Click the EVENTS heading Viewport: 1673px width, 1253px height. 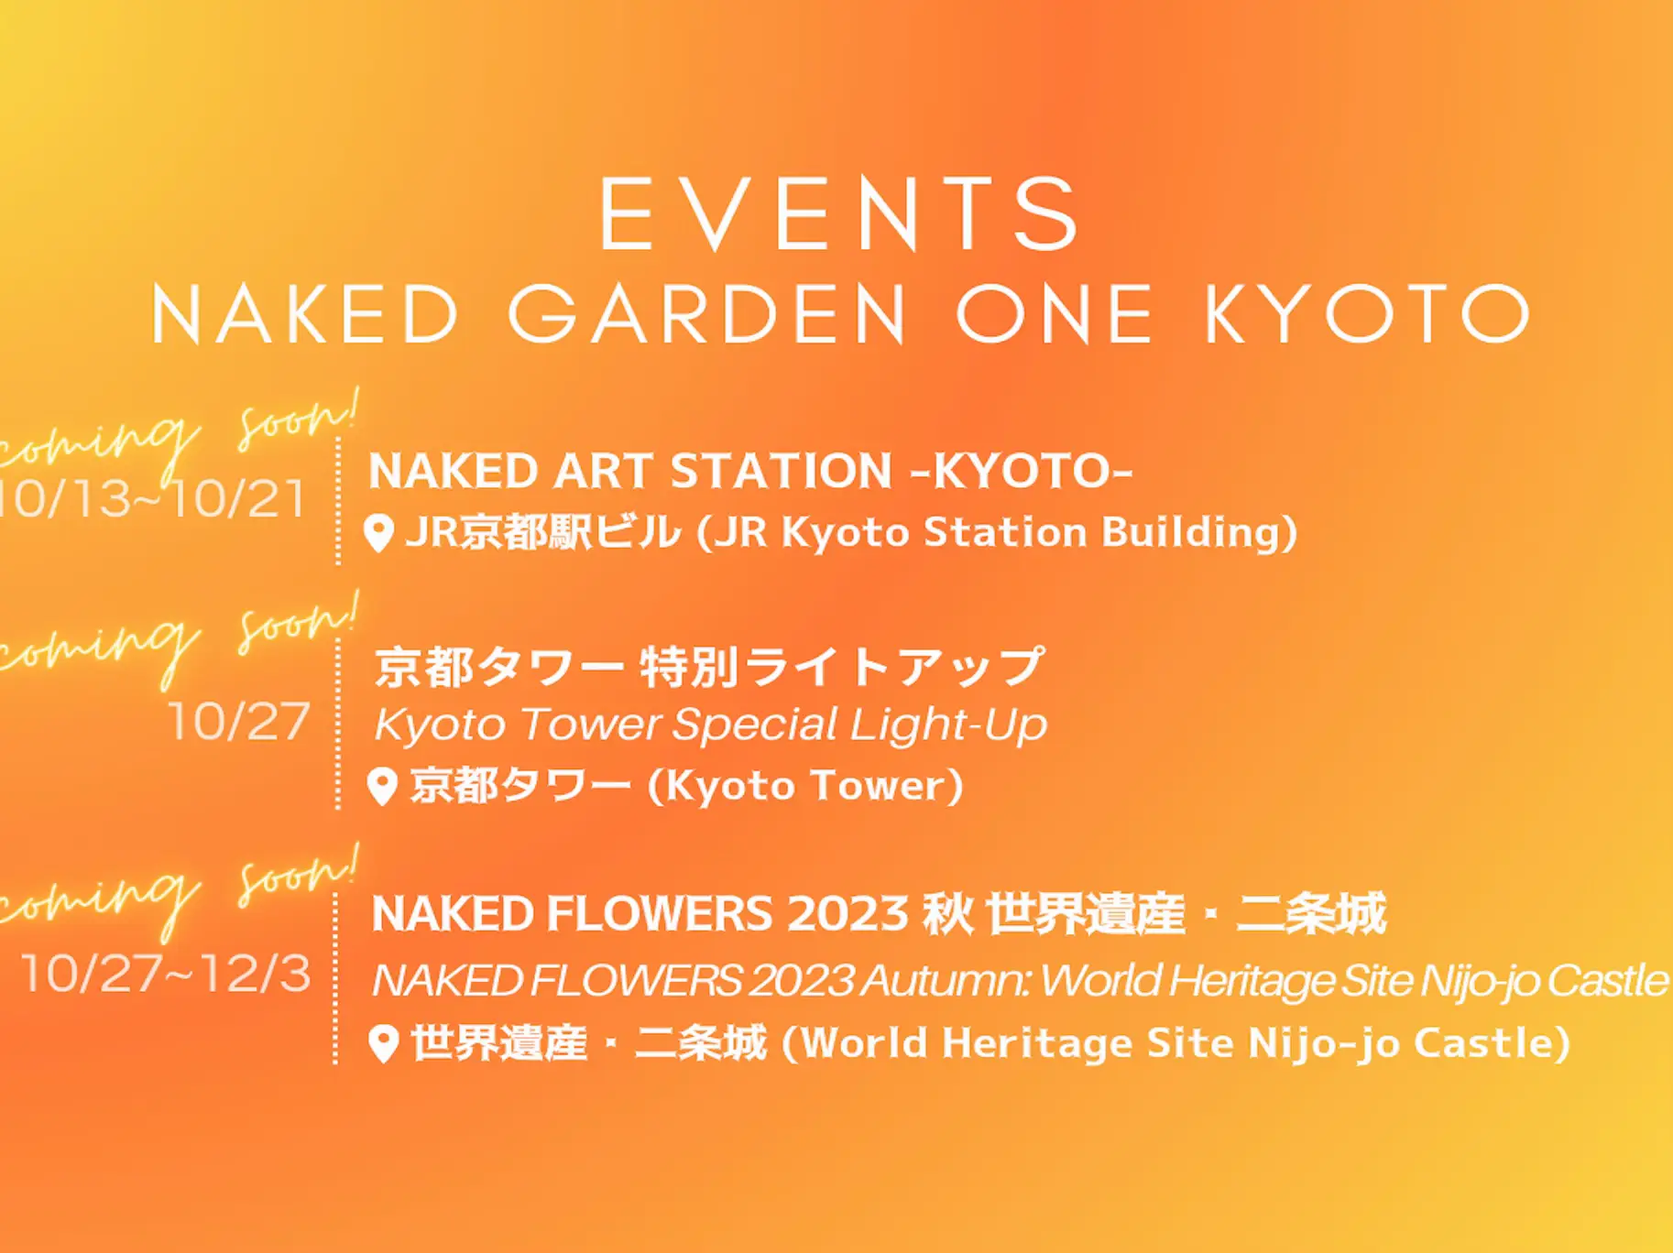[839, 214]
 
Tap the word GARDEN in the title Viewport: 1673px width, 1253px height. [707, 314]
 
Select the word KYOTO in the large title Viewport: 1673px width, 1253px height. [1366, 314]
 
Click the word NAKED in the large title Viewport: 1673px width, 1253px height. [305, 314]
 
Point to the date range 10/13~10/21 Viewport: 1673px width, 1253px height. [152, 499]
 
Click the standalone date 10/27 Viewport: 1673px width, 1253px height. [239, 722]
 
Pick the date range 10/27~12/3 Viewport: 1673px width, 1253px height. [166, 973]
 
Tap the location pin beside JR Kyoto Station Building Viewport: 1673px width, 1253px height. [379, 533]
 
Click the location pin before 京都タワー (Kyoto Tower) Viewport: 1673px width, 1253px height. [382, 787]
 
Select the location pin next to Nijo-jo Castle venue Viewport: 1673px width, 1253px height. [384, 1044]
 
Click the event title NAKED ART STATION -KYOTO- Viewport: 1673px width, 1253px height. [750, 472]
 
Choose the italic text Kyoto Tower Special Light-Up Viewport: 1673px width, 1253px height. [710, 725]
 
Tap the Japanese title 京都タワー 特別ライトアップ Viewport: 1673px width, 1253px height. [709, 667]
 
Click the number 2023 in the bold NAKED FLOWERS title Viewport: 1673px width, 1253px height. [847, 914]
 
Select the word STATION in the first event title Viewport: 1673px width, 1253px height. [781, 472]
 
